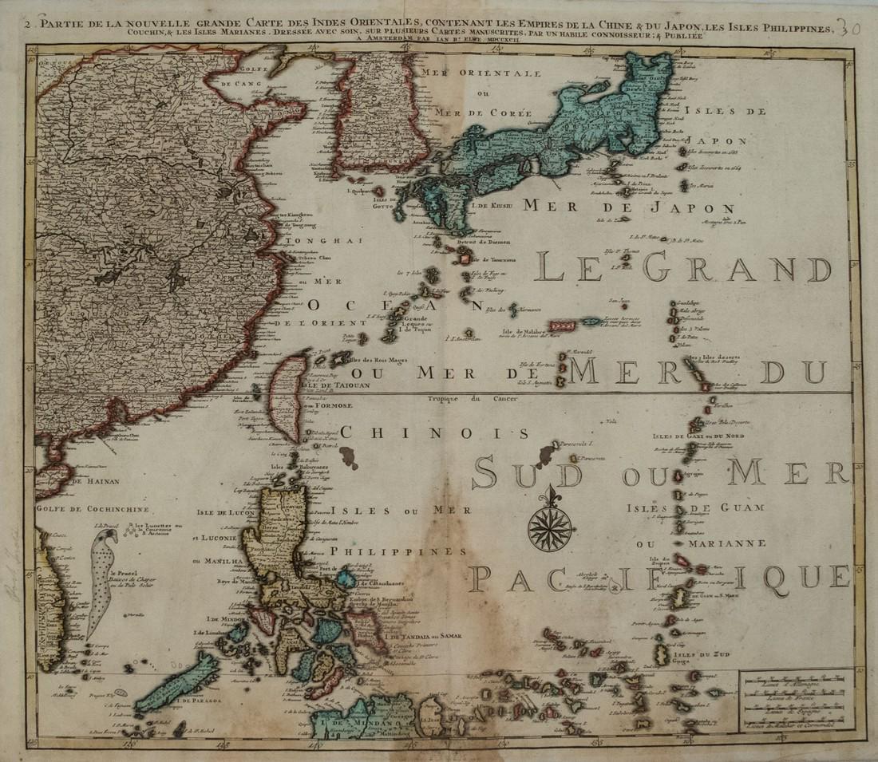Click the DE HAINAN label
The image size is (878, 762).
coord(89,481)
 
